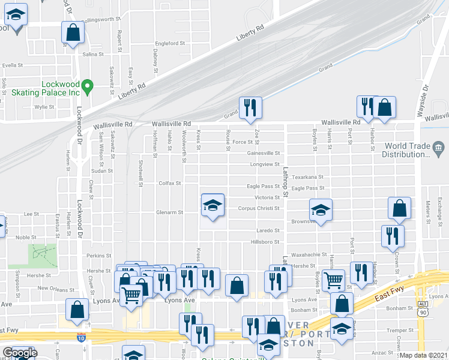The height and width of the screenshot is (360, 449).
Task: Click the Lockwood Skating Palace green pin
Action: tap(87, 88)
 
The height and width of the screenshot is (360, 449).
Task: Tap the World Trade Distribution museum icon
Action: tap(438, 148)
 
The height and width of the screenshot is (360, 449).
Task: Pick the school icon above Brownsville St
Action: tap(321, 210)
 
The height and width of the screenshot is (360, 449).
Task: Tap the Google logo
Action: tap(20, 353)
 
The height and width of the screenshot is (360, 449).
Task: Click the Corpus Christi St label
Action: tap(259, 209)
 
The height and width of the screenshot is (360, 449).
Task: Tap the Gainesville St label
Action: tap(264, 153)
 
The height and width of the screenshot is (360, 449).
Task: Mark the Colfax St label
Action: tap(169, 183)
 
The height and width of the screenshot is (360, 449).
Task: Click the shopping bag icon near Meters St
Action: tap(399, 208)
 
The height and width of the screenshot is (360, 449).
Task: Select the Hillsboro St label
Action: tap(265, 242)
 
